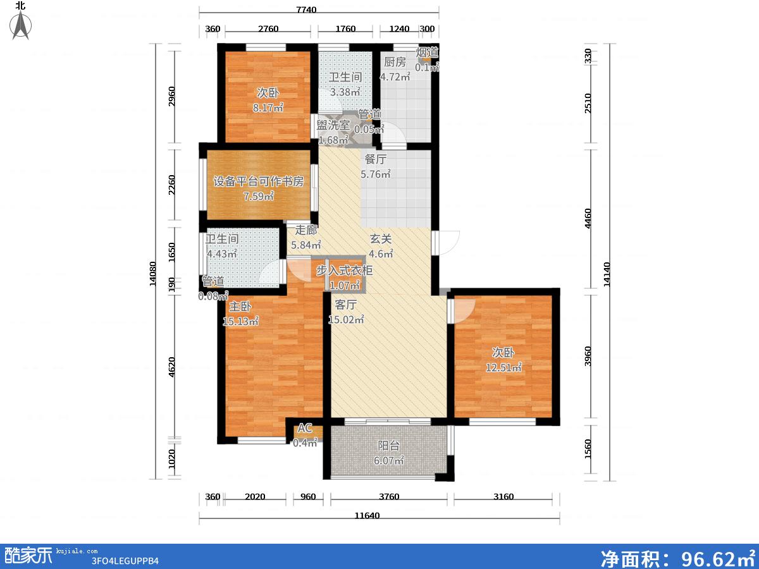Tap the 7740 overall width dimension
pos(306,9)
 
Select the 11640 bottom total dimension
pos(367,516)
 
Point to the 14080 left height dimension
pos(153,274)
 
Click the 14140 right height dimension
pos(607,274)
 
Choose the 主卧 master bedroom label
pos(240,307)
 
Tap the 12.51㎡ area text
pos(503,367)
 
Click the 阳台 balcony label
pos(388,446)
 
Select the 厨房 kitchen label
pos(395,62)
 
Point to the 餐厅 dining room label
pos(376,159)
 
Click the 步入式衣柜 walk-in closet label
pos(345,270)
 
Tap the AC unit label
pos(305,428)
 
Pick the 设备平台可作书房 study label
pos(258,181)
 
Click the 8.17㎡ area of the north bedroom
pos(268,107)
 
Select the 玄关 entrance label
pos(381,239)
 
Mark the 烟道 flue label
pos(427,52)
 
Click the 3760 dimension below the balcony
pos(389,497)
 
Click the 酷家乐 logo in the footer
pos(28,555)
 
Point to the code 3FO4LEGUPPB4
pos(125,561)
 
